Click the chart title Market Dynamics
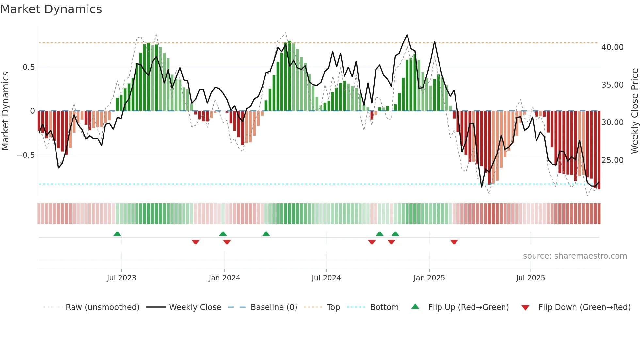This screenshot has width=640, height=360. (x=51, y=9)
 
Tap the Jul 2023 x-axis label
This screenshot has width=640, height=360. (x=121, y=278)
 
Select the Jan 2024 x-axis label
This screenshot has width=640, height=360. (x=224, y=278)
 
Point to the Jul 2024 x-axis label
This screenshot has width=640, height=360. (x=326, y=278)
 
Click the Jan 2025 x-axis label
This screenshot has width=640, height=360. (x=429, y=278)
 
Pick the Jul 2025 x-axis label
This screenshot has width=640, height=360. (x=531, y=278)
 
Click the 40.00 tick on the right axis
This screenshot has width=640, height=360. (x=612, y=47)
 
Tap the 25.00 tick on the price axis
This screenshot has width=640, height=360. (x=612, y=160)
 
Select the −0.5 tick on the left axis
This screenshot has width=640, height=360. (x=25, y=155)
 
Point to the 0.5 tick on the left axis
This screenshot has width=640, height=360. (x=28, y=67)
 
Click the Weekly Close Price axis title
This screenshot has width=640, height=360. (x=634, y=111)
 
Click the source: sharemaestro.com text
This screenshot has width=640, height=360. (x=575, y=256)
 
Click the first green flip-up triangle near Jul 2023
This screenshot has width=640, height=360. (x=117, y=234)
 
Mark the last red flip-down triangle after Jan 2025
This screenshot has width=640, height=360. (x=454, y=242)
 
